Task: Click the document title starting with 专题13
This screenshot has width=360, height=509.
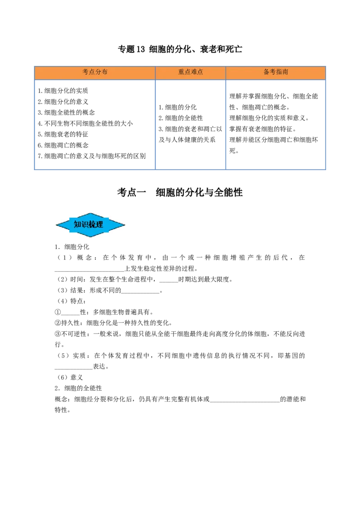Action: pyautogui.click(x=180, y=49)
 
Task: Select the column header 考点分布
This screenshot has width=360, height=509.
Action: pyautogui.click(x=95, y=72)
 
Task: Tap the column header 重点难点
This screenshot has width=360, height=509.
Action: pyautogui.click(x=190, y=72)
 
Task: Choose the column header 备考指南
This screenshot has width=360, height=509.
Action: pyautogui.click(x=275, y=72)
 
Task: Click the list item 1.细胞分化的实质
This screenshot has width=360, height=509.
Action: pyautogui.click(x=63, y=91)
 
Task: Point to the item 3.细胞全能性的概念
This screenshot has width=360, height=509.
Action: pyautogui.click(x=66, y=113)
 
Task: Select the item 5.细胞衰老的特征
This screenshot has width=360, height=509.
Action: pyautogui.click(x=63, y=134)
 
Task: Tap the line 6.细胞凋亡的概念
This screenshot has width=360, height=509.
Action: pyautogui.click(x=63, y=145)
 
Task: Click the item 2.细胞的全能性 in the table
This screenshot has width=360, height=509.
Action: pyautogui.click(x=180, y=118)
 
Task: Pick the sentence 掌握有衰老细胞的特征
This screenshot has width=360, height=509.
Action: pyautogui.click(x=263, y=129)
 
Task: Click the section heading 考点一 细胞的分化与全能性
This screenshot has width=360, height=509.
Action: pyautogui.click(x=180, y=192)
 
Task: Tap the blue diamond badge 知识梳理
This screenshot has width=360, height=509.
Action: pyautogui.click(x=90, y=225)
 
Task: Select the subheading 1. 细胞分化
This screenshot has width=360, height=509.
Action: pyautogui.click(x=72, y=247)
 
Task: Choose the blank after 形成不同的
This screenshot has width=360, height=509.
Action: pyautogui.click(x=140, y=291)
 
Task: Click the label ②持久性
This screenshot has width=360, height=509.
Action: pyautogui.click(x=67, y=323)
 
